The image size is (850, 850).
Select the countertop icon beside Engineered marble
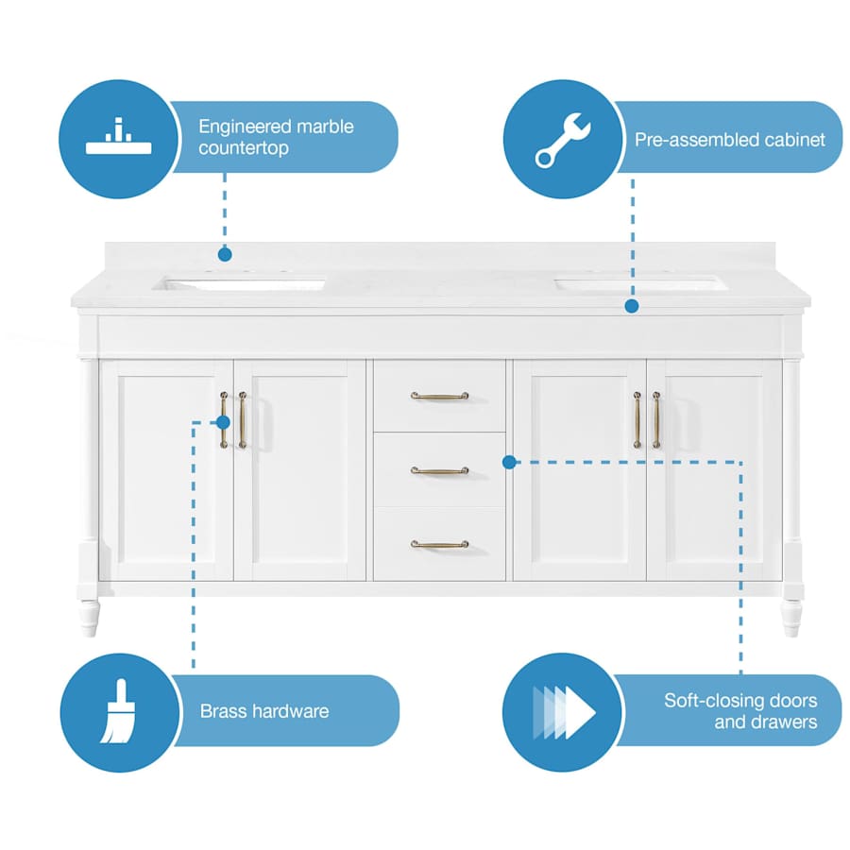pyautogui.click(x=119, y=138)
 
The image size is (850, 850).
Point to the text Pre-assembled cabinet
pyautogui.click(x=729, y=140)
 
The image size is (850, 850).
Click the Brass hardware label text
pyautogui.click(x=264, y=711)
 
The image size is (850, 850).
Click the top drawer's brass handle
pyautogui.click(x=439, y=396)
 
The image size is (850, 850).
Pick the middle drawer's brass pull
pyautogui.click(x=439, y=470)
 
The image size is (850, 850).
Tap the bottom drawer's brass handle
pyautogui.click(x=439, y=544)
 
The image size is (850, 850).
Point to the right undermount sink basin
pyautogui.click(x=640, y=282)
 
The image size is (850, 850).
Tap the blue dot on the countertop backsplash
pyautogui.click(x=225, y=254)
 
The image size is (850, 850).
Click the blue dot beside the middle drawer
pyautogui.click(x=509, y=462)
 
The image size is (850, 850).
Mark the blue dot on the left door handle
pyautogui.click(x=225, y=422)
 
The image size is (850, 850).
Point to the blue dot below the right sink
pyautogui.click(x=632, y=306)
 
